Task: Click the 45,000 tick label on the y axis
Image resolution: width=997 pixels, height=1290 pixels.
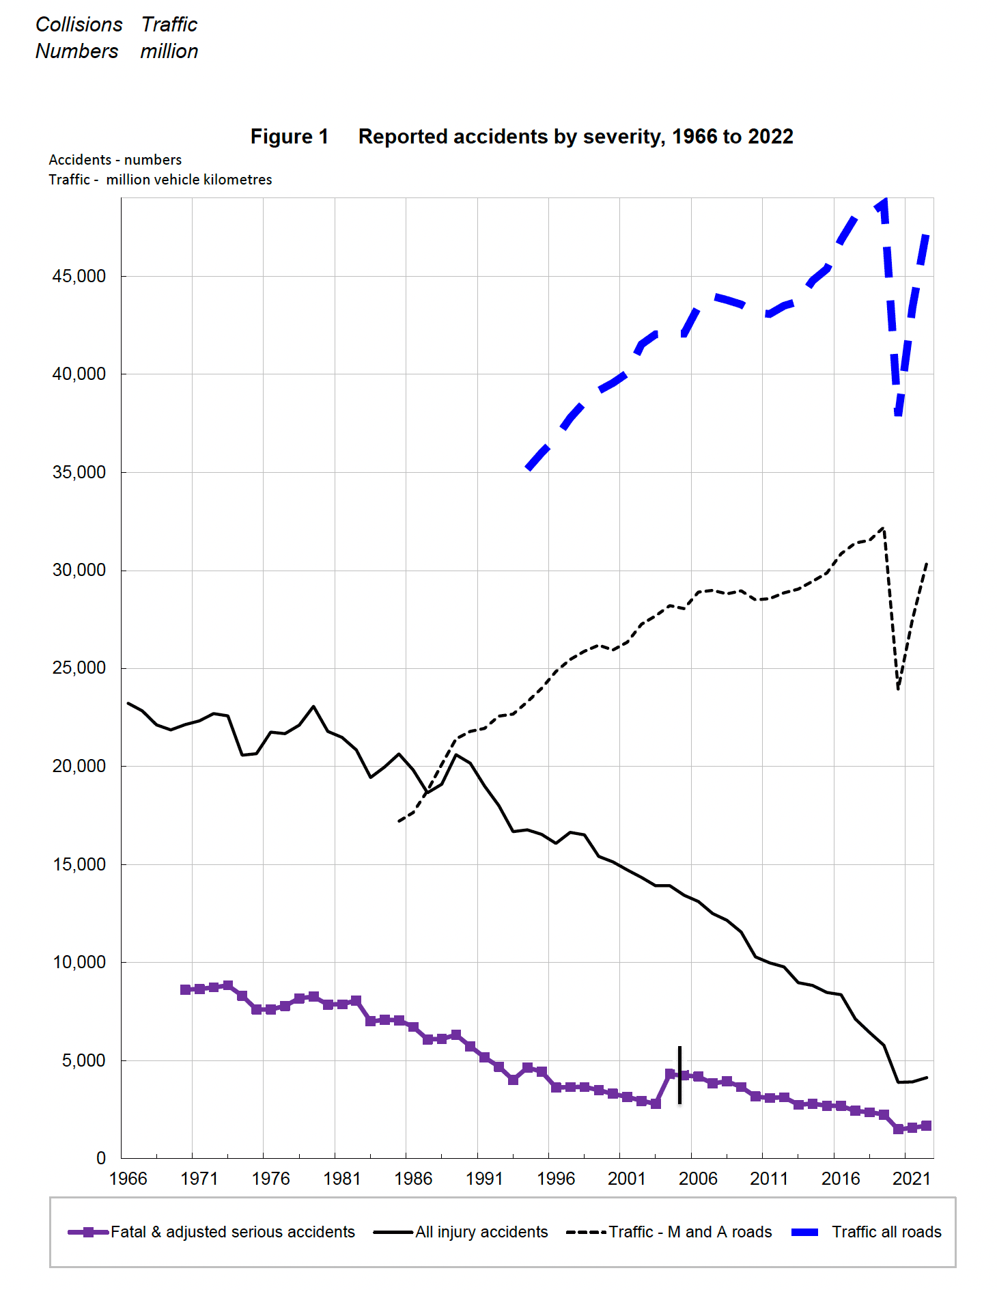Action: point(79,277)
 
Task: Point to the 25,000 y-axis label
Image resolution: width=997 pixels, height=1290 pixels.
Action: point(79,668)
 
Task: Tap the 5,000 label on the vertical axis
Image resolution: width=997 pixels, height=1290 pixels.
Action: point(84,1060)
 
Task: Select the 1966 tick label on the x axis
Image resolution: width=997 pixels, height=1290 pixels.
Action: point(128,1179)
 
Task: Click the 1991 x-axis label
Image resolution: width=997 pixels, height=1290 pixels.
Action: point(484,1179)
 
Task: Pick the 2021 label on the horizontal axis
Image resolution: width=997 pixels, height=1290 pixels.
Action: point(912,1179)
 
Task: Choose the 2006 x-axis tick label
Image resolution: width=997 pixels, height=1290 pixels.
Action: point(698,1179)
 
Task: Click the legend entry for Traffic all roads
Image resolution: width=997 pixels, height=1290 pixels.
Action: point(886,1232)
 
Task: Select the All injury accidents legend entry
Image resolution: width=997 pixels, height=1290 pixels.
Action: point(481,1232)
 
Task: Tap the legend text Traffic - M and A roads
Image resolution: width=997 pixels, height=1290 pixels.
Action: point(690,1232)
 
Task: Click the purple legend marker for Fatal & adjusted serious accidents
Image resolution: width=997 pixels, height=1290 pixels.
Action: point(88,1232)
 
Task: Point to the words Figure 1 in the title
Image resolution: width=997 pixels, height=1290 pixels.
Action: point(290,137)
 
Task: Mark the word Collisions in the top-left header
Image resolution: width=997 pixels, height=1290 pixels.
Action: point(79,25)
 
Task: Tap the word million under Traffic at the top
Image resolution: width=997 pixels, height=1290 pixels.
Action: point(169,51)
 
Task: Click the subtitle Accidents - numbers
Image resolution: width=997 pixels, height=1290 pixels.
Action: point(115,160)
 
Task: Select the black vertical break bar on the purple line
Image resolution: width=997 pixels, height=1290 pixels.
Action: point(679,1075)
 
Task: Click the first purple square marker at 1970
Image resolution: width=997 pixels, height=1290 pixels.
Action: point(185,989)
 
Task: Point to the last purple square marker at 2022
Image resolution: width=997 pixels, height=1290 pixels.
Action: point(926,1125)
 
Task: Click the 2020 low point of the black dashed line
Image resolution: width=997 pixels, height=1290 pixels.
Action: point(898,688)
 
